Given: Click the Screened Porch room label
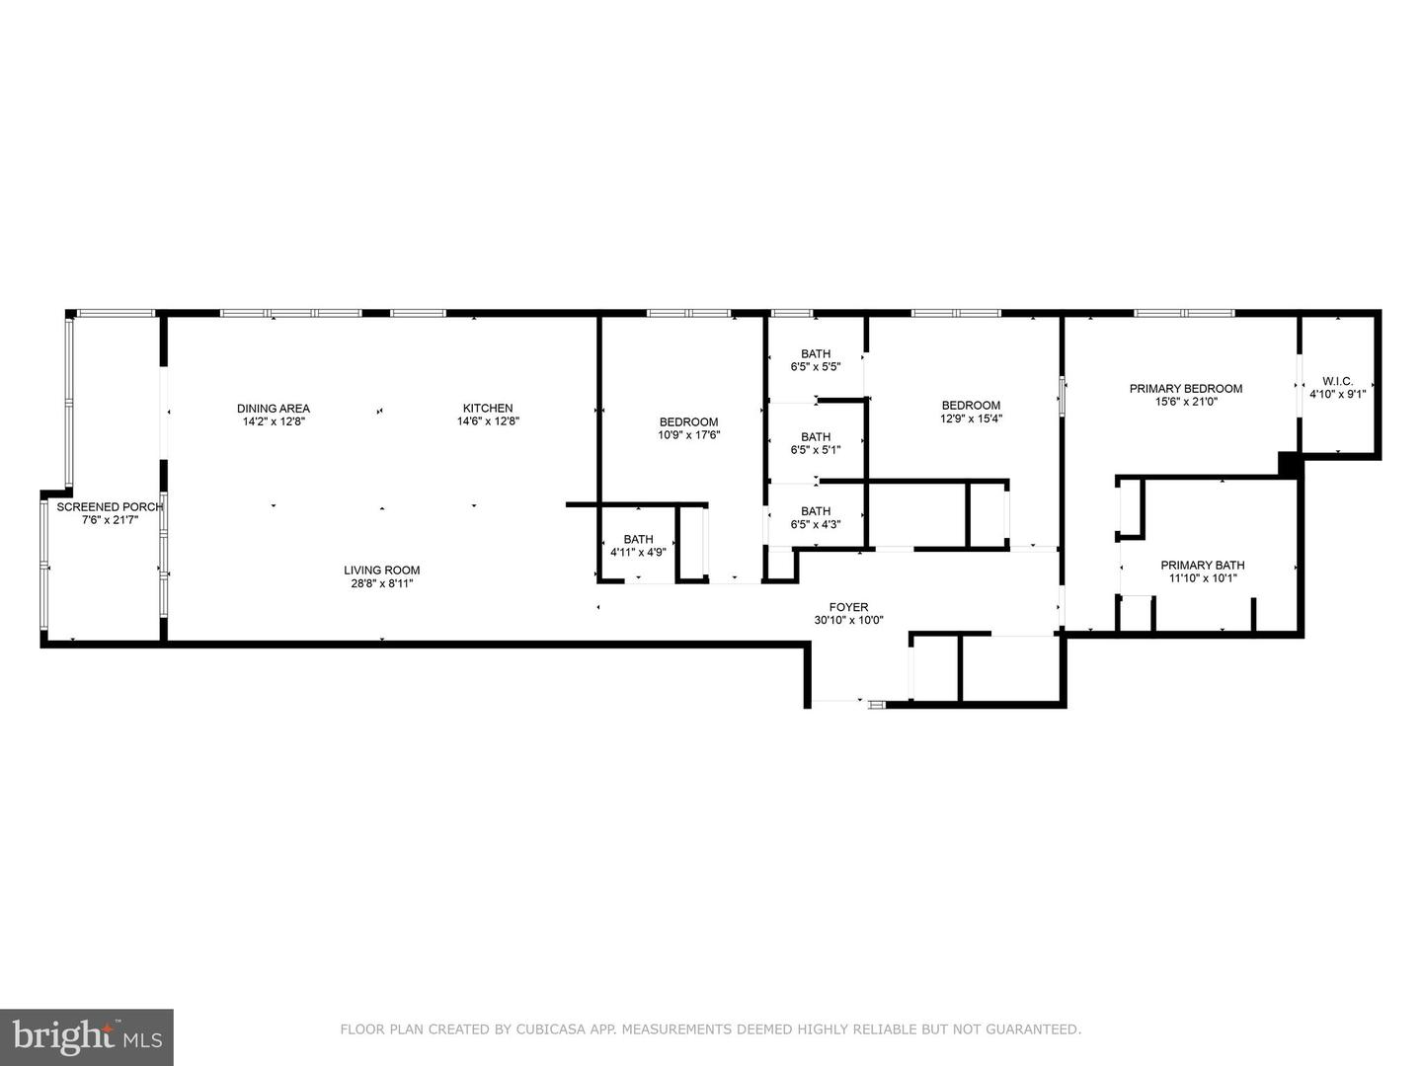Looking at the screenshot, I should pos(109,507).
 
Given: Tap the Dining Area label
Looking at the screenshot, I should pos(274,409).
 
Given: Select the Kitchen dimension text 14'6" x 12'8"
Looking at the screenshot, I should pos(488,421).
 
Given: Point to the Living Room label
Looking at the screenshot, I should pos(382,571).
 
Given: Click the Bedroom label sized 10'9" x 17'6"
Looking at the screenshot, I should pos(688,422).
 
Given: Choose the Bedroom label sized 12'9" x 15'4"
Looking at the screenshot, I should pos(971,406).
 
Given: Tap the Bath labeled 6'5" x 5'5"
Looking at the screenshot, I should pos(816,354).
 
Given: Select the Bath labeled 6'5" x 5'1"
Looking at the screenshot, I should pos(816,437).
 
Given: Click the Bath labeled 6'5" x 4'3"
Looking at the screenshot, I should pos(816,511).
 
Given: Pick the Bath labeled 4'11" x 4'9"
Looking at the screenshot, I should pos(638,540).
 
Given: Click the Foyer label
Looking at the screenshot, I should pos(848,608).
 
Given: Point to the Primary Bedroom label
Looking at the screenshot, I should pos(1186,389).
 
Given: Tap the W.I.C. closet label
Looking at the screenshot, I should pos(1337,382).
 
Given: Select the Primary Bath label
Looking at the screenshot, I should pos(1202,566).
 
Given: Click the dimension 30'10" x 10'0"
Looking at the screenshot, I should pos(848,621).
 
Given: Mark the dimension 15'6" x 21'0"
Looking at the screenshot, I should pos(1186,402).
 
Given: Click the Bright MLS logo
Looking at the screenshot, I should pos(86,1036).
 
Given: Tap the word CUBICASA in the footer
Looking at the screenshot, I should pos(555,1029).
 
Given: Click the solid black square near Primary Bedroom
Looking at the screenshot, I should pos(1288,462).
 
